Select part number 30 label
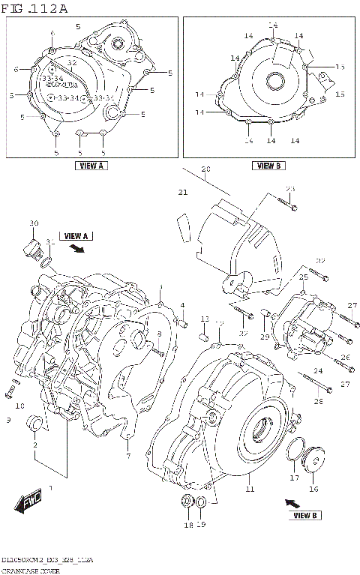click(x=33, y=224)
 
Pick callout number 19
click(x=201, y=525)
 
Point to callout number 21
click(x=181, y=193)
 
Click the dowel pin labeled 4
click(x=181, y=323)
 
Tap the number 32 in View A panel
click(x=72, y=63)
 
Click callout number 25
click(x=304, y=277)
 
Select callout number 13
click(x=204, y=320)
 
